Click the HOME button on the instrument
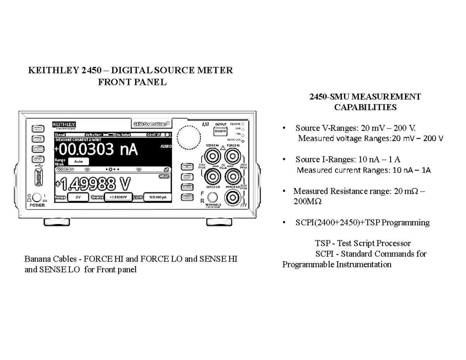[38, 129]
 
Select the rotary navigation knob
[189, 137]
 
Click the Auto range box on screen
[78, 161]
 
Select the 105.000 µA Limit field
[157, 197]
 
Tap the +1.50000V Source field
[118, 197]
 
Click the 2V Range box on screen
[78, 197]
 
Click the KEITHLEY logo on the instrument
[64, 125]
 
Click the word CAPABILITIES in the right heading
[365, 108]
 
